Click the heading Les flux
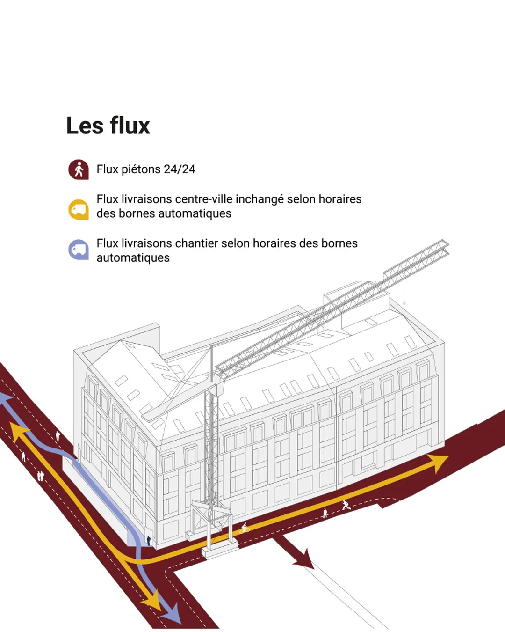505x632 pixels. coord(108,125)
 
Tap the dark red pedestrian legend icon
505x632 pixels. coord(79,169)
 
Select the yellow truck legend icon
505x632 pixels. coord(79,209)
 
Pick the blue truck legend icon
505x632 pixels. coord(79,250)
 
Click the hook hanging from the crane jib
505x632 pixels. coord(404,301)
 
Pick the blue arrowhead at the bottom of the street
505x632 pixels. coord(173,611)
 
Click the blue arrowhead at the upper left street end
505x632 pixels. coord(5,400)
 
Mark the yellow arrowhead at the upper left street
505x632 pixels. coord(18,431)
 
